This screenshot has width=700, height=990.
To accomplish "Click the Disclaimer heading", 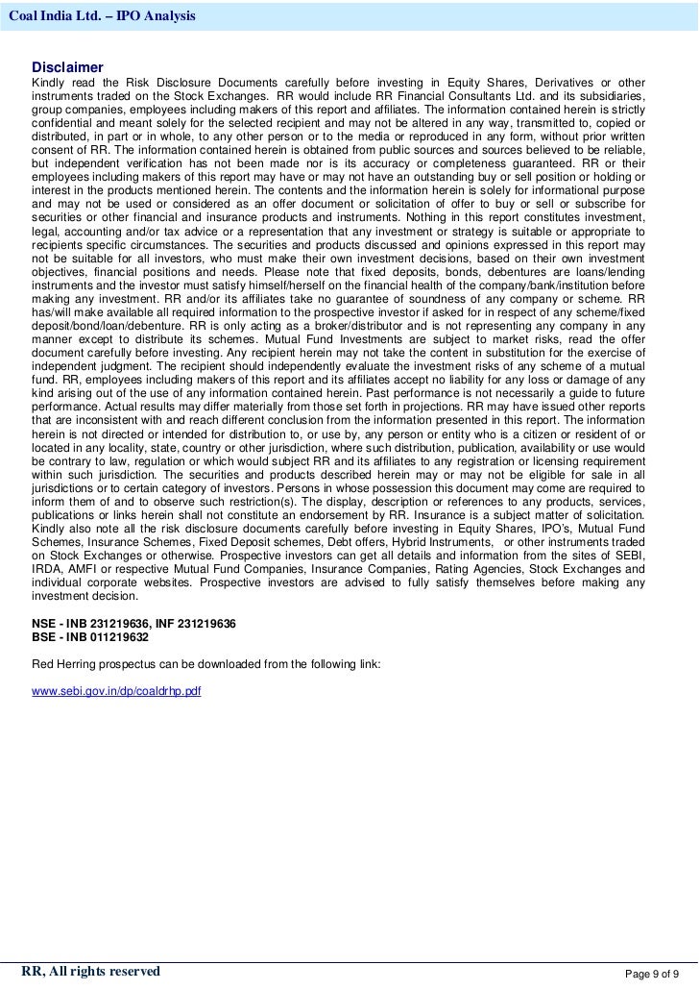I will [67, 67].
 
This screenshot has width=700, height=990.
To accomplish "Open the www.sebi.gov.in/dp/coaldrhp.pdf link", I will [116, 691].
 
